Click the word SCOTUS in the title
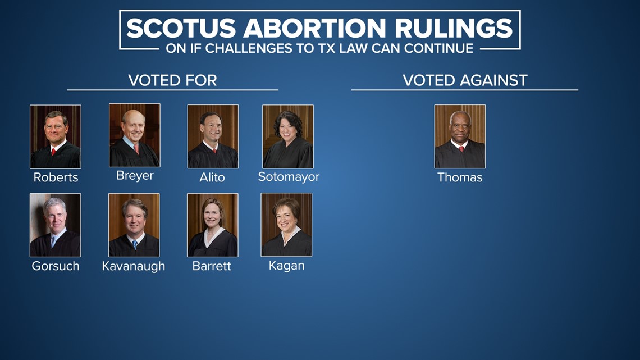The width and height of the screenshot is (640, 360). point(181,28)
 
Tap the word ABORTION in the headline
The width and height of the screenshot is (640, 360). point(315,28)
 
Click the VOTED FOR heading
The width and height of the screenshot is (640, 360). point(172,80)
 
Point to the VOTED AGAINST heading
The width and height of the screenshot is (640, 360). point(465,80)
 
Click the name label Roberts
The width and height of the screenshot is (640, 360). point(56,177)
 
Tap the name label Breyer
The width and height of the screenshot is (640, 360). point(135,176)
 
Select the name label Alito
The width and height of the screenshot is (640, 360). point(212,177)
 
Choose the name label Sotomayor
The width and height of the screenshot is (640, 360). point(289,177)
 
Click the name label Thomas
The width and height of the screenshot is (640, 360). point(460,177)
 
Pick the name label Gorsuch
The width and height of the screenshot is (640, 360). point(56,266)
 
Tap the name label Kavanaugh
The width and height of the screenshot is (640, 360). point(134,266)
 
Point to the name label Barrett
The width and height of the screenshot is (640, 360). point(212,266)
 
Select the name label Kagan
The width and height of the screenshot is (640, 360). point(286,266)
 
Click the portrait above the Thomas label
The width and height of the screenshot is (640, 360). point(460,136)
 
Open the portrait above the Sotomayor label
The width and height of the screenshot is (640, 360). point(288,136)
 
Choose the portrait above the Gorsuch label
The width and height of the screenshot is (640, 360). point(56,225)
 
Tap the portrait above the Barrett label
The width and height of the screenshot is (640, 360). point(213,225)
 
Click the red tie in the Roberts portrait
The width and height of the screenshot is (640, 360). point(53,152)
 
